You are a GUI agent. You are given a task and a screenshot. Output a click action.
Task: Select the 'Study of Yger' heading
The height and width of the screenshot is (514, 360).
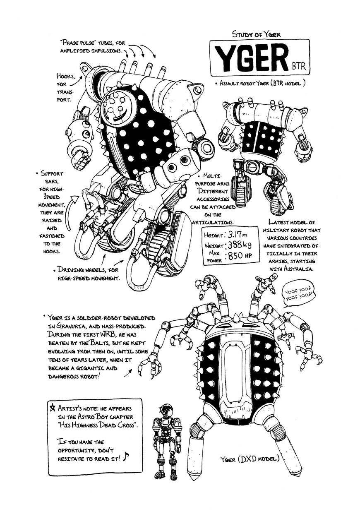(257, 35)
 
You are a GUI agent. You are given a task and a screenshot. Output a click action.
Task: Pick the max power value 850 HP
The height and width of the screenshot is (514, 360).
(242, 256)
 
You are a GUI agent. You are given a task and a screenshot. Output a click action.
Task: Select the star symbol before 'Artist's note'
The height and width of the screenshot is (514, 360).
(52, 407)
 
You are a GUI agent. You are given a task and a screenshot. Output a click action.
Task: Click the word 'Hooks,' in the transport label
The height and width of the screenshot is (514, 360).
(66, 76)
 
